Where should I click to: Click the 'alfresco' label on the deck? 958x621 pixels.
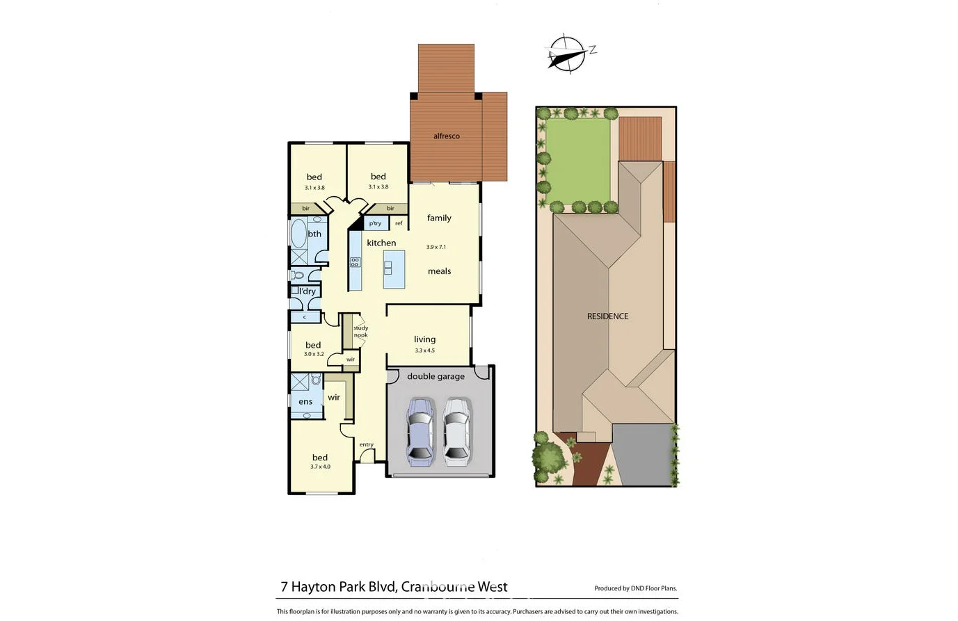pyautogui.click(x=446, y=136)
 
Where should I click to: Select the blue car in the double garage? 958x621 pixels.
pyautogui.click(x=420, y=431)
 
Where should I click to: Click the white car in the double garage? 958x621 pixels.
pyautogui.click(x=456, y=431)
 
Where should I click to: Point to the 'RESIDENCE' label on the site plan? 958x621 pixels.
pyautogui.click(x=607, y=316)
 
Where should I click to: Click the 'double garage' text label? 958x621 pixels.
pyautogui.click(x=436, y=376)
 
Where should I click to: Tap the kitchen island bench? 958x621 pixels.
pyautogui.click(x=394, y=270)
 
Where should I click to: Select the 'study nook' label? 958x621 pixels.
pyautogui.click(x=360, y=332)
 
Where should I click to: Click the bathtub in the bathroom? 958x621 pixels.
pyautogui.click(x=298, y=234)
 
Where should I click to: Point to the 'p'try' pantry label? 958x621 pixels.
pyautogui.click(x=375, y=223)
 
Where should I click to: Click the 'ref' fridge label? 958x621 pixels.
pyautogui.click(x=399, y=223)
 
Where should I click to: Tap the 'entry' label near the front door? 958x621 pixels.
pyautogui.click(x=366, y=444)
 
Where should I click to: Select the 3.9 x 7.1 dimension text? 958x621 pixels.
pyautogui.click(x=436, y=247)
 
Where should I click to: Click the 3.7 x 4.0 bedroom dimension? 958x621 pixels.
pyautogui.click(x=320, y=467)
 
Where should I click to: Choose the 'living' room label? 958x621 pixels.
pyautogui.click(x=424, y=339)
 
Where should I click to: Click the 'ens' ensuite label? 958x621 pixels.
pyautogui.click(x=305, y=402)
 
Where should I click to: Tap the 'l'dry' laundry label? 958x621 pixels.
pyautogui.click(x=308, y=291)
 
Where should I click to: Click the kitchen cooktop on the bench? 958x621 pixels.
pyautogui.click(x=355, y=262)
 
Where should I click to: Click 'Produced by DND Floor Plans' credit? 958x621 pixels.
pyautogui.click(x=635, y=588)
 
